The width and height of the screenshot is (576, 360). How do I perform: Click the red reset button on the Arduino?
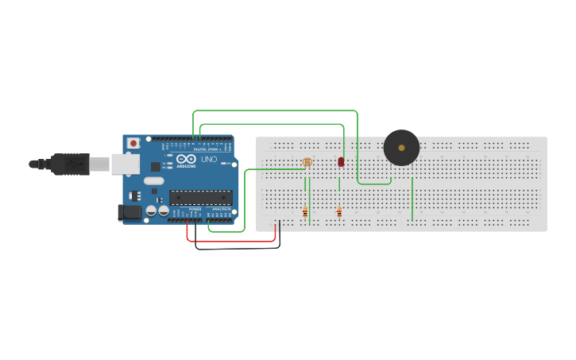coord(133,143)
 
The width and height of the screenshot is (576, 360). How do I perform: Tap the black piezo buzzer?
coord(401,148)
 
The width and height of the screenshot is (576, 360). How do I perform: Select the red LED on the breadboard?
coord(341,162)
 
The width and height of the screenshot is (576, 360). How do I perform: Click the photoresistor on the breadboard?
coord(307,163)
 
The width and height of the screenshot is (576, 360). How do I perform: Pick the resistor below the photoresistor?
coord(305,212)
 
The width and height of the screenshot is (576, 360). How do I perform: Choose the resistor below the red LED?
coord(339,211)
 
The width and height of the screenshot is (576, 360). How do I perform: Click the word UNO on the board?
coord(208,159)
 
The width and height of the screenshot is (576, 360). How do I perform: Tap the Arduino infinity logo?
coord(187,159)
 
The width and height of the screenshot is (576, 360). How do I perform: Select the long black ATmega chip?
coord(200,198)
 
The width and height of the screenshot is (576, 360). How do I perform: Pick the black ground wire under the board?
coord(238,248)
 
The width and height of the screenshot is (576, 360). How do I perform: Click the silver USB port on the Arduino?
coord(125,164)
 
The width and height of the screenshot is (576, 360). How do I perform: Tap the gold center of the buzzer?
coord(402,147)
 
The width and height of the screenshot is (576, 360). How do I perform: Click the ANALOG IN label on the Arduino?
coord(222,209)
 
